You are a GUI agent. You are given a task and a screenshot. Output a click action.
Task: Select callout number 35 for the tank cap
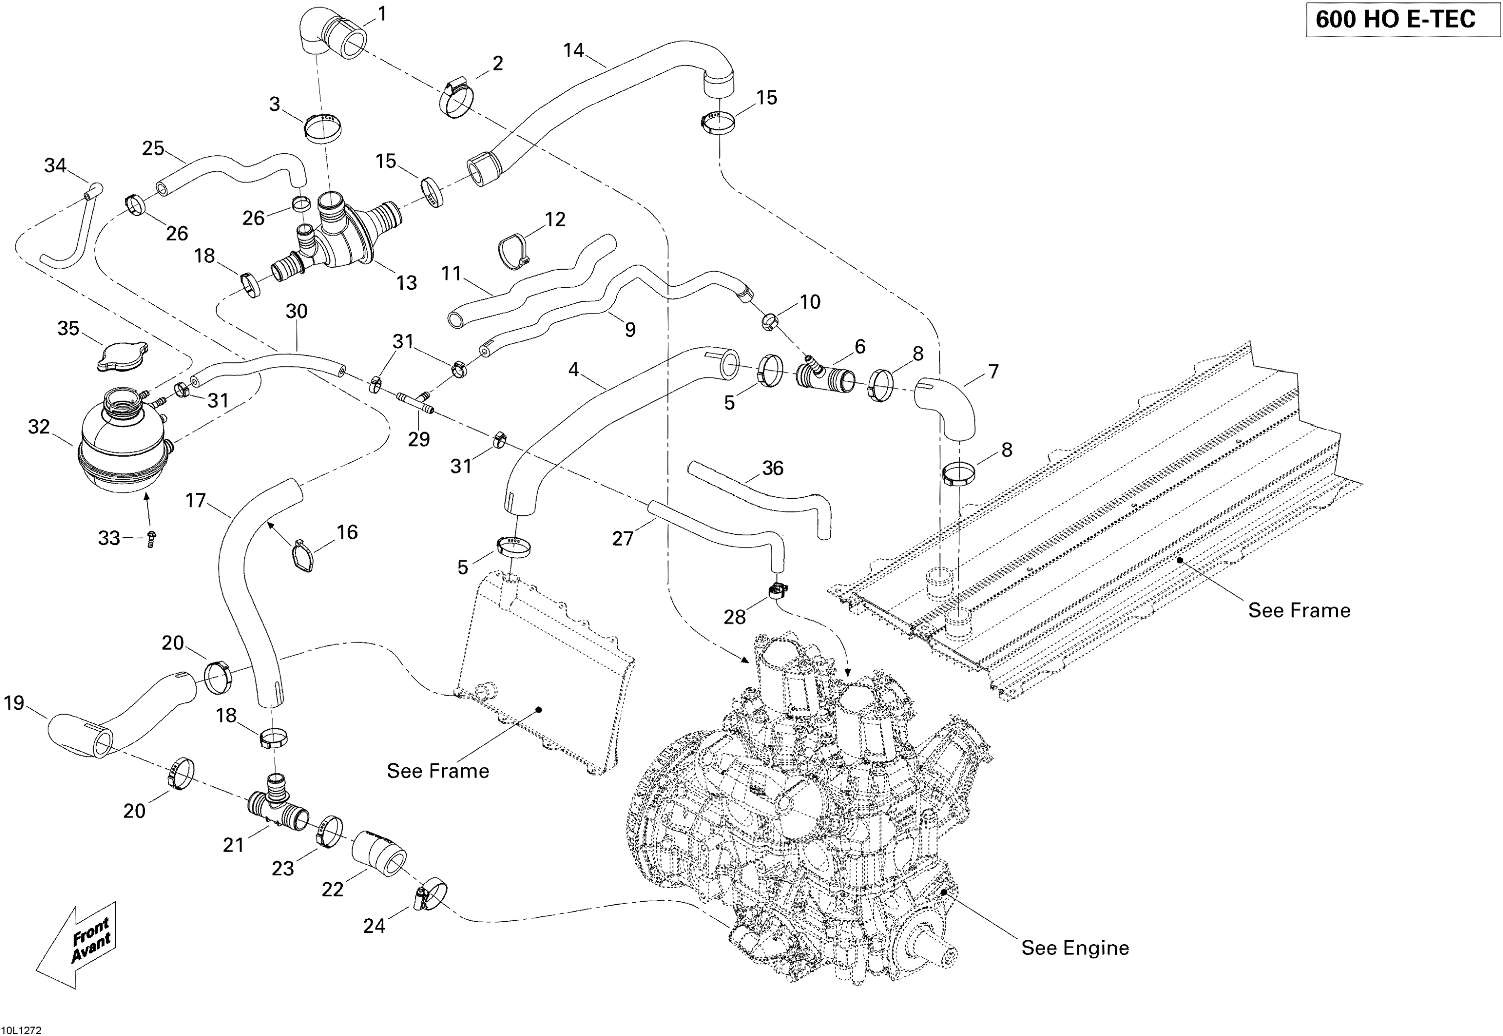click(68, 328)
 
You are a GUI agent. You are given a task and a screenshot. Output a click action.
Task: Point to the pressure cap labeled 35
click(122, 356)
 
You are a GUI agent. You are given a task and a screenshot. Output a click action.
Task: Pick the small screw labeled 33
click(152, 538)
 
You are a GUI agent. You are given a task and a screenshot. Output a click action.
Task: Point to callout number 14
click(574, 51)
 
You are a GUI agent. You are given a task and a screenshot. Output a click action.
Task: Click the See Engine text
click(1075, 948)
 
